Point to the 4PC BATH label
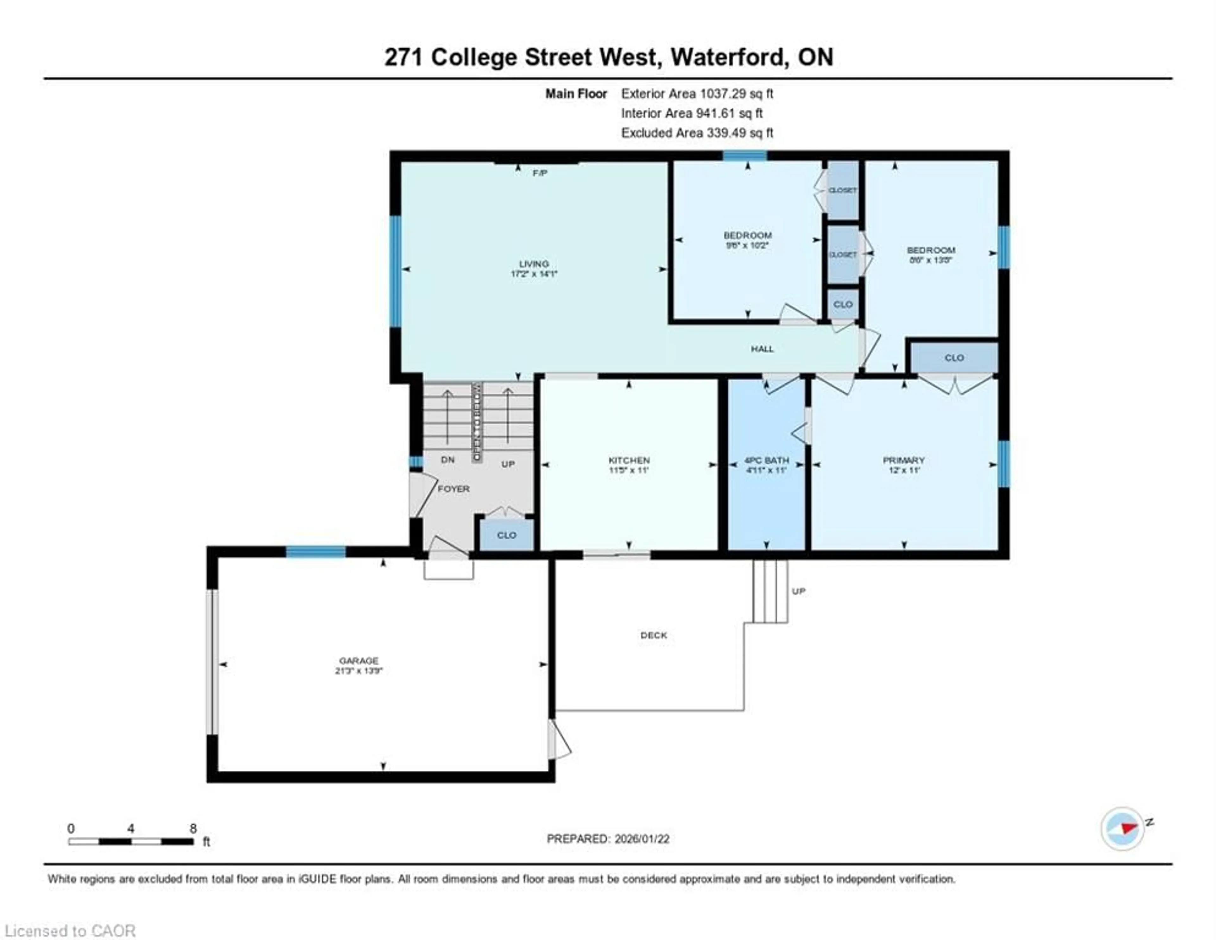(x=767, y=460)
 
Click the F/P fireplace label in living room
(x=540, y=173)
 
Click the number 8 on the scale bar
(x=193, y=828)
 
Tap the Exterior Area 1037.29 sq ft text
(x=697, y=93)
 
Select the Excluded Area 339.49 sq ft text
(x=697, y=133)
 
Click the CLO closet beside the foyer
(x=506, y=535)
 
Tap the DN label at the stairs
(x=448, y=460)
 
